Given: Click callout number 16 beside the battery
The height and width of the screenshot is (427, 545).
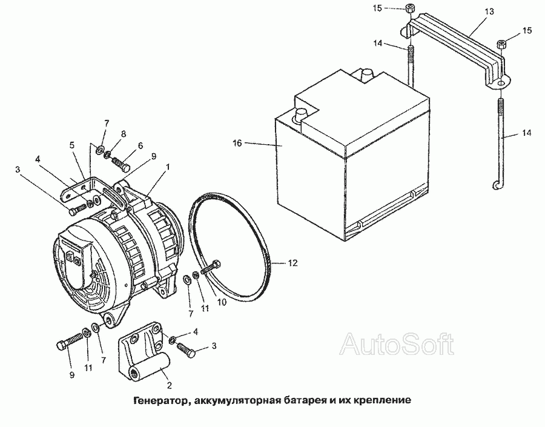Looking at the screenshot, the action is pos(237,143).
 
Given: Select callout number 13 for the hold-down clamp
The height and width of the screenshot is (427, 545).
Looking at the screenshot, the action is pos(489,12).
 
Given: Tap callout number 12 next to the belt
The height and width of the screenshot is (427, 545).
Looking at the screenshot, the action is pos(292,263).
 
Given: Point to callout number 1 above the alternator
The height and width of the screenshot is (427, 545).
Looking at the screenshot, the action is pos(168,167).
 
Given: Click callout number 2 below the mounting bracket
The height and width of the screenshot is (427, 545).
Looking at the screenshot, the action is pos(170,385).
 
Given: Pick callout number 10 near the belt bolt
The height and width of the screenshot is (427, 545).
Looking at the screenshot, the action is pos(222,302).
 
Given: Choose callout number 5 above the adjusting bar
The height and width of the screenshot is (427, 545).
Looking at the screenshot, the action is pos(72,145).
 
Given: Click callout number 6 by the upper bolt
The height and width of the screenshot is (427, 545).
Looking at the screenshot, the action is pos(140,146).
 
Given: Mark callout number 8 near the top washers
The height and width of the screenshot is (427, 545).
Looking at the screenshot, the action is pos(124,134).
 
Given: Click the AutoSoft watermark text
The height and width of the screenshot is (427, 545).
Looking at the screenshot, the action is pos(397,344).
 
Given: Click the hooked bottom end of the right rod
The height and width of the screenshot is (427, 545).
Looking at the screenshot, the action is pos(497,186).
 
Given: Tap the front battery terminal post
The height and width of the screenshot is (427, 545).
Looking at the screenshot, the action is pos(300,114).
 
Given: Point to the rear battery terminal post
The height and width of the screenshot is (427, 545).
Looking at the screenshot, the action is pos(366,74).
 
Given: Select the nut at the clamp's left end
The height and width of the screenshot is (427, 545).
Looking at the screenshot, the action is pos(409,8).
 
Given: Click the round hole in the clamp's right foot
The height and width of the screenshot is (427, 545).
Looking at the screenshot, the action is pos(501,84).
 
